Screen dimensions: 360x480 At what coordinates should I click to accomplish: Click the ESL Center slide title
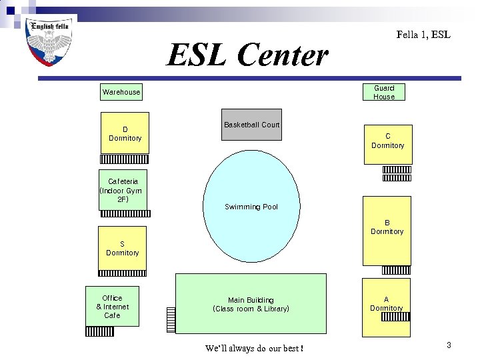(x=247, y=55)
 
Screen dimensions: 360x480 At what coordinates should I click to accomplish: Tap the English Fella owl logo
(x=48, y=42)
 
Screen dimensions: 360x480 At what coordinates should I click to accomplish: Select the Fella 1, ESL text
(x=423, y=34)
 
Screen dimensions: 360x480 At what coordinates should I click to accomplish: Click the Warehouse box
(x=121, y=92)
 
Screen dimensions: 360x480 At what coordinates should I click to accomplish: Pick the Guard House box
(x=384, y=92)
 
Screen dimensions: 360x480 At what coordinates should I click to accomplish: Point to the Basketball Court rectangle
(x=252, y=125)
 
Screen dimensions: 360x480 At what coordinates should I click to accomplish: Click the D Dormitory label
(x=125, y=133)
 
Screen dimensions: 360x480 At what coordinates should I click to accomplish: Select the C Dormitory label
(x=387, y=141)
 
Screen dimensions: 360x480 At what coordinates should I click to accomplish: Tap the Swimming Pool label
(x=251, y=207)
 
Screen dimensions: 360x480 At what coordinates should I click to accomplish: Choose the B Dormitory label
(x=387, y=227)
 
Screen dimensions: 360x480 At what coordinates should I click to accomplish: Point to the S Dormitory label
(x=123, y=248)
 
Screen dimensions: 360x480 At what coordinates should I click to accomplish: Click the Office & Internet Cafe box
(x=113, y=307)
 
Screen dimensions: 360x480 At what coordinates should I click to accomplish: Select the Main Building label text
(x=251, y=305)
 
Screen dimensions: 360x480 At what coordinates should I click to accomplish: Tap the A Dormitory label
(x=387, y=304)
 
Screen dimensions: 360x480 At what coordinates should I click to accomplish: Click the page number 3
(x=449, y=345)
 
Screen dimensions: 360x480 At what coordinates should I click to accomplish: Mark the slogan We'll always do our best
(x=254, y=348)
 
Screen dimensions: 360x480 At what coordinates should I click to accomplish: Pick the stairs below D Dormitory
(x=125, y=159)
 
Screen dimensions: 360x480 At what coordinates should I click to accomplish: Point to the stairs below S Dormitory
(x=123, y=273)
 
